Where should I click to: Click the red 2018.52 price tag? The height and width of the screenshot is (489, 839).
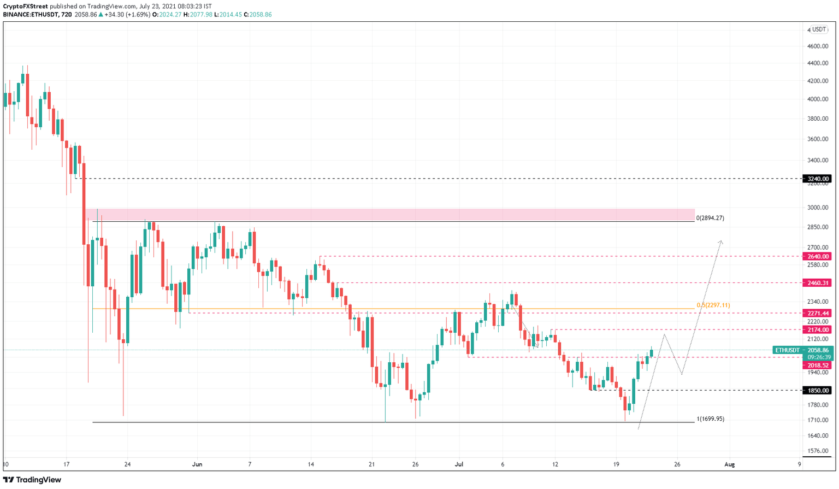[x=818, y=365]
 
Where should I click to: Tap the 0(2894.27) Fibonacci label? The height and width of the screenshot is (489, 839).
[x=710, y=218]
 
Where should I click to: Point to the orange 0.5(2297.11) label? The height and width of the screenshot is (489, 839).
[x=713, y=305]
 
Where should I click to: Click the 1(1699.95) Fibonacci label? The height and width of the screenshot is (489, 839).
[x=710, y=419]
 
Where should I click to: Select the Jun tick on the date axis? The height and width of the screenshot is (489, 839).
[x=197, y=464]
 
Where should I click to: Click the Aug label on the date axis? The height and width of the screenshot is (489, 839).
[x=729, y=464]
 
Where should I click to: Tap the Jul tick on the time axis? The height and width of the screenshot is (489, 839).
[x=459, y=464]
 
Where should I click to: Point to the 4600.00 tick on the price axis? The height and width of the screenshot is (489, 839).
[x=818, y=46]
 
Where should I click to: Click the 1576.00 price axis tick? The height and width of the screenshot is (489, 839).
[x=818, y=451]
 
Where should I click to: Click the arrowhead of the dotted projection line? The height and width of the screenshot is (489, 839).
[x=721, y=241]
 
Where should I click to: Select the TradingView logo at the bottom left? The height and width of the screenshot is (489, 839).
[x=32, y=480]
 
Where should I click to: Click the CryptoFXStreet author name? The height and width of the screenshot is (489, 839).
[x=26, y=7]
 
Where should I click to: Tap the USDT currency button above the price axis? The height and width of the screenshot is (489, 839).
[x=819, y=30]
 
